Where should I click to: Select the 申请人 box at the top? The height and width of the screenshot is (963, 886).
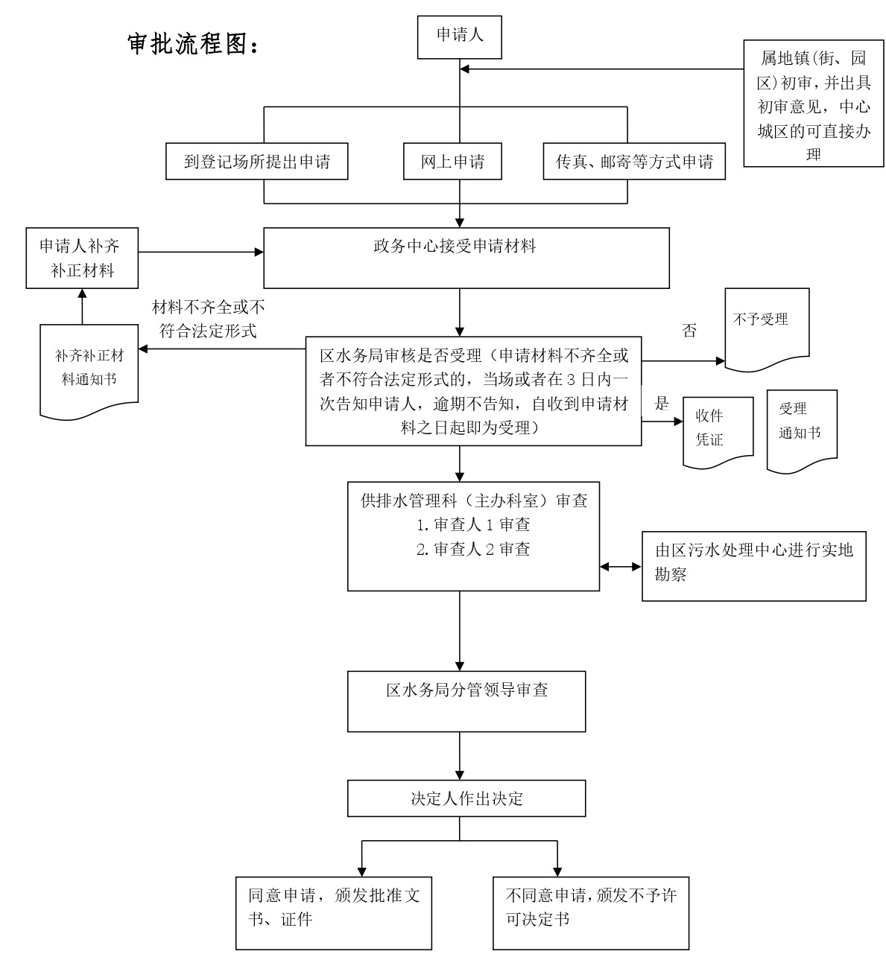coord(459,36)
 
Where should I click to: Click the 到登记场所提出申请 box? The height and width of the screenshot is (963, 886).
coord(256,162)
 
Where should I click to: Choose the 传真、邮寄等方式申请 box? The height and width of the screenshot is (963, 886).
coord(634,162)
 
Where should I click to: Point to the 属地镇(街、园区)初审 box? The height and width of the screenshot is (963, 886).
coord(813,104)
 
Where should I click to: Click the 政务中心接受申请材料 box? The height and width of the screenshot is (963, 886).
coord(466,258)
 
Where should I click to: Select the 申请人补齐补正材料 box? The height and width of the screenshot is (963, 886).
coord(82,258)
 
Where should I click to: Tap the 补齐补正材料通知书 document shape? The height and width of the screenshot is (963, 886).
coord(89,368)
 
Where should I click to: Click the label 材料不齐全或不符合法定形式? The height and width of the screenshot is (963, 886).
coord(208,319)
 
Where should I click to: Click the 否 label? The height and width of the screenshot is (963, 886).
coord(689,331)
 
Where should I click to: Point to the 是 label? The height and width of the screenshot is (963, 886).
coord(662,404)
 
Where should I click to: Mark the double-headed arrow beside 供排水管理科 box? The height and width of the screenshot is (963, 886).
coord(621,567)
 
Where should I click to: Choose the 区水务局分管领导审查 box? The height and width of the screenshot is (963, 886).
coord(466,701)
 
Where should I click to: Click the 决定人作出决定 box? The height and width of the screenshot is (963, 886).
coord(466,798)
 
